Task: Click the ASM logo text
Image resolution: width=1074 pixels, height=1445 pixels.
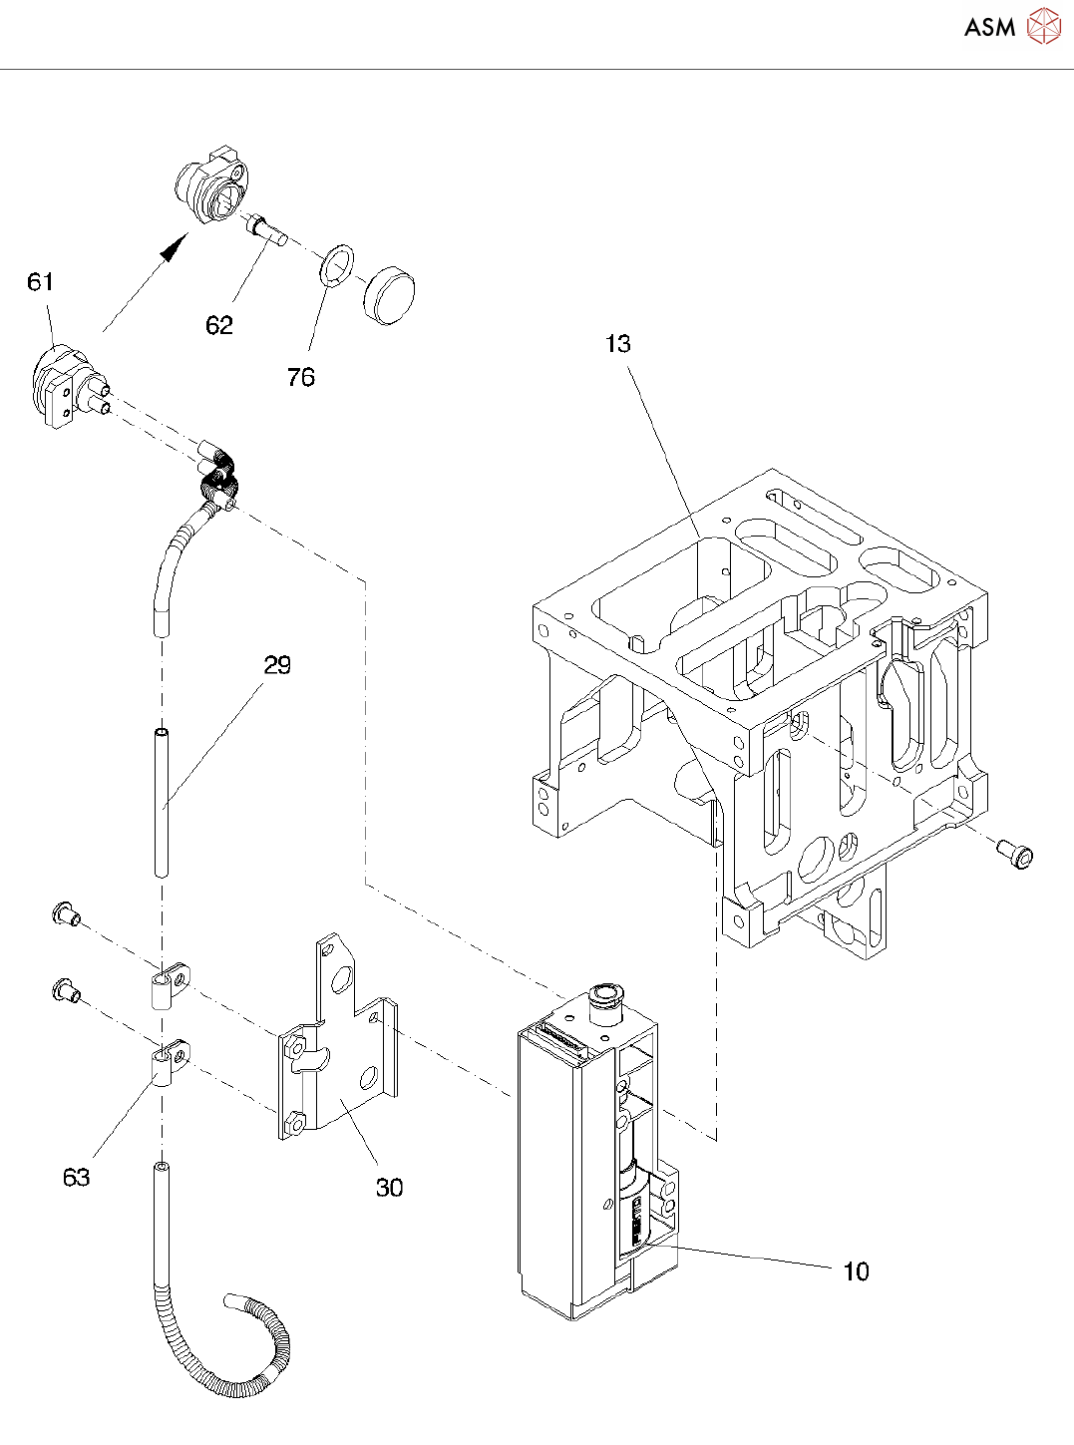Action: pos(989,28)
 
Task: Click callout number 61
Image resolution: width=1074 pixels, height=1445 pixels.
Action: pos(40,282)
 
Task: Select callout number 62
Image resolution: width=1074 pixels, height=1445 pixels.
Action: pos(219,325)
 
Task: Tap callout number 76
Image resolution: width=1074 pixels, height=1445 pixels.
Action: pos(300,377)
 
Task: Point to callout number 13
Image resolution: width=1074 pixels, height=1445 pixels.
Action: pos(618,344)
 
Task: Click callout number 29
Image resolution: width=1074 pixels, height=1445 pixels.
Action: pos(277,665)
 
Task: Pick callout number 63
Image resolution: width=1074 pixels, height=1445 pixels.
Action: pos(77,1178)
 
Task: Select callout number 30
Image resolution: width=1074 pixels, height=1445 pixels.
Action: pos(389,1188)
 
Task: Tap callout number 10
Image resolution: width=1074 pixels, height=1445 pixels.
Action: pos(856,1271)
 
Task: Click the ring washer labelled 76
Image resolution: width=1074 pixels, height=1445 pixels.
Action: pos(337,264)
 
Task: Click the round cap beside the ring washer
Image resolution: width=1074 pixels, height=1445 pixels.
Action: pos(389,295)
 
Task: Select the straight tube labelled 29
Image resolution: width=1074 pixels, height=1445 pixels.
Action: pos(161,803)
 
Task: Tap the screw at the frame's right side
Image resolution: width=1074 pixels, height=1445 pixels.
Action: pos(1016,854)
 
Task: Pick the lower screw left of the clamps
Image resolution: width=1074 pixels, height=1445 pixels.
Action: pos(65,990)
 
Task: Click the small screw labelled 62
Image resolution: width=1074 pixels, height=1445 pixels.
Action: pos(267,230)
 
